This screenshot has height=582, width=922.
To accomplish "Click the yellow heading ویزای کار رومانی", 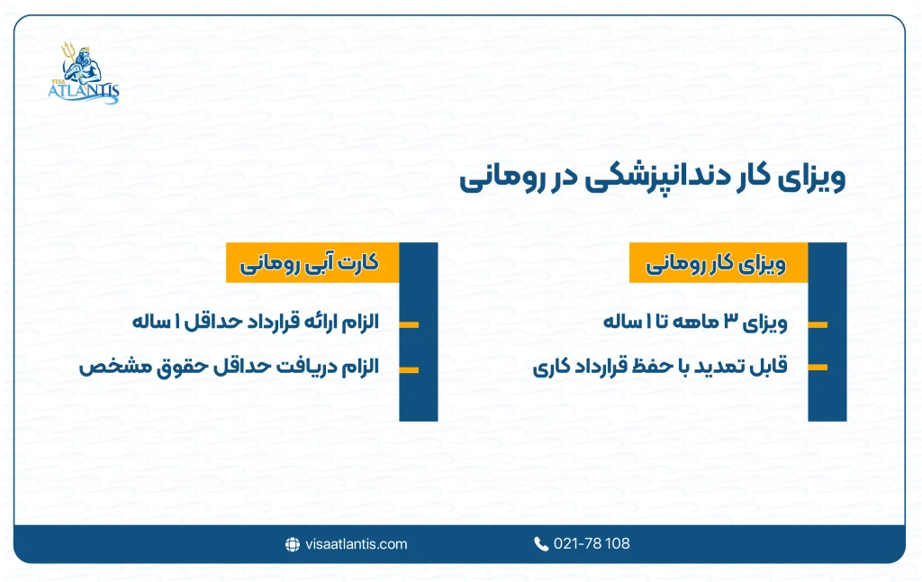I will pyautogui.click(x=717, y=266).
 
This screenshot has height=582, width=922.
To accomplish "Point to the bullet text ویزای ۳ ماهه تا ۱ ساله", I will pyautogui.click(x=696, y=323).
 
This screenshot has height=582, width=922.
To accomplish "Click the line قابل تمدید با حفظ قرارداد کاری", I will pyautogui.click(x=660, y=368).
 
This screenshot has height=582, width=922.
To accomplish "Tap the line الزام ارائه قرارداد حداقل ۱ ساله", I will pyautogui.click(x=256, y=323).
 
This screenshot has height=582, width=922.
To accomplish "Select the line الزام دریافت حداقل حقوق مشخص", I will pyautogui.click(x=229, y=368).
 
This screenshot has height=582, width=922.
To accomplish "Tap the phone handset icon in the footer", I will pyautogui.click(x=540, y=544).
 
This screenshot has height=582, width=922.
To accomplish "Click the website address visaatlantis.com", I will pyautogui.click(x=357, y=544).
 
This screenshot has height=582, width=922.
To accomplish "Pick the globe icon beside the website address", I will pyautogui.click(x=292, y=544).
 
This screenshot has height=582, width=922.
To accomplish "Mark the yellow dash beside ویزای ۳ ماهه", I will pyautogui.click(x=818, y=323).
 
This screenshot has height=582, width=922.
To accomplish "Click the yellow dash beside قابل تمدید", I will pyautogui.click(x=818, y=368).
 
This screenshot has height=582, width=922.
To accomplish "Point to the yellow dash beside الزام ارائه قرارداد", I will pyautogui.click(x=408, y=323).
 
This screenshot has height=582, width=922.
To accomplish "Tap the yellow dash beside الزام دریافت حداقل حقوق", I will pyautogui.click(x=408, y=368).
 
